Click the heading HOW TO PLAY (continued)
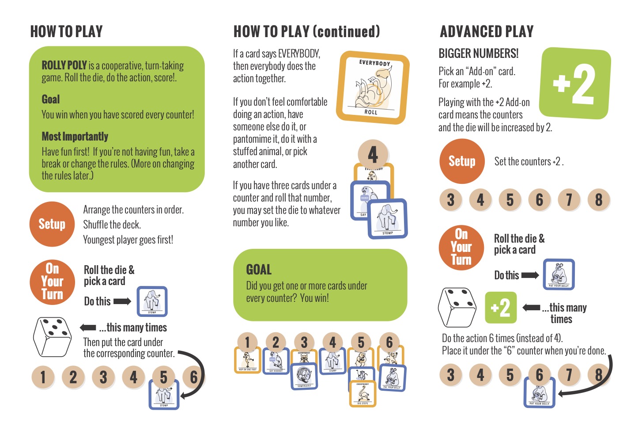tap(306, 32)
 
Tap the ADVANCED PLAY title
tap(487, 32)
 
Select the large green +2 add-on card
tap(576, 83)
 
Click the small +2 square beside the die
tap(500, 308)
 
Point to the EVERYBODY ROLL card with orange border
tap(372, 88)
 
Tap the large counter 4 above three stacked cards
tap(373, 154)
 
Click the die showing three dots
tap(53, 337)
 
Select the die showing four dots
tap(457, 307)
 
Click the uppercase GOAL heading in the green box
tap(259, 270)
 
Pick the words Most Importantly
tap(75, 137)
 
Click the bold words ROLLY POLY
tap(64, 65)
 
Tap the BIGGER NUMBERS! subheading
tap(478, 54)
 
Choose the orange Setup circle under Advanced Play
tap(462, 161)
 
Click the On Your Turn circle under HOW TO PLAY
tap(52, 282)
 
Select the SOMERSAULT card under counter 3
tap(304, 376)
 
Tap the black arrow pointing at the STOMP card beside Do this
tap(122, 301)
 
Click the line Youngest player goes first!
tap(128, 240)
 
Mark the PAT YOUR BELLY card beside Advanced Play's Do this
tap(558, 274)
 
